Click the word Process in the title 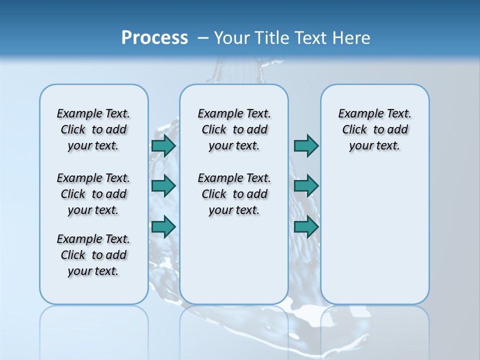coord(154,38)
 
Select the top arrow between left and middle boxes coord(163,145)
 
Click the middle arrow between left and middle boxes coord(163,186)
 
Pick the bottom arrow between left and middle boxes coord(163,226)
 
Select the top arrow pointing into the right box coord(306,145)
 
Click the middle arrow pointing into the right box coord(306,186)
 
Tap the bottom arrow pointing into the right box coord(306,226)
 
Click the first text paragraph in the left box coord(93,129)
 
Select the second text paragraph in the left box coord(93,194)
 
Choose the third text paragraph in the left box coord(93,255)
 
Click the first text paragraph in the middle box coord(234,129)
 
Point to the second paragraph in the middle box coord(234,194)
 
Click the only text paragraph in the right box coord(374,129)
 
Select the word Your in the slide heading coord(232,38)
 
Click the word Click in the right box coord(354,129)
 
